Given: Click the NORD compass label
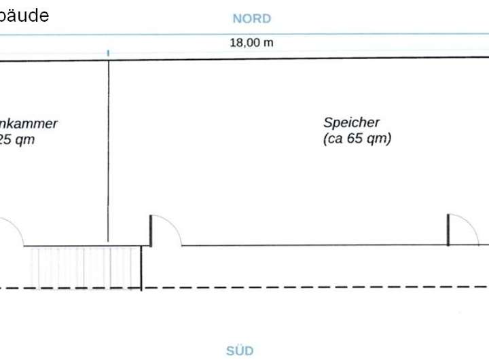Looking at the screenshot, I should pyautogui.click(x=251, y=18).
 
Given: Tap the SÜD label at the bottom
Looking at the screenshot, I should pyautogui.click(x=240, y=350).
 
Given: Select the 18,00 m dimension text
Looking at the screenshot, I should pyautogui.click(x=251, y=42).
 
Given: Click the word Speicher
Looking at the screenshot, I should pyautogui.click(x=351, y=123).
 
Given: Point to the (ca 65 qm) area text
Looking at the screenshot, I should pyautogui.click(x=357, y=139).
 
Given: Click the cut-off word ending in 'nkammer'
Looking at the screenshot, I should pyautogui.click(x=29, y=124).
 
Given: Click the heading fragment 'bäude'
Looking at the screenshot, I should pyautogui.click(x=24, y=15).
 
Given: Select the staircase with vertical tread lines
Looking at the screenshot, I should pyautogui.click(x=83, y=267).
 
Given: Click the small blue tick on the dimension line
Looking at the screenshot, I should pyautogui.click(x=108, y=52).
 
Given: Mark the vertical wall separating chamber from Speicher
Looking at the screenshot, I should pyautogui.click(x=108, y=149).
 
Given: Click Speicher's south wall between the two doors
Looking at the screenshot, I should pyautogui.click(x=312, y=245).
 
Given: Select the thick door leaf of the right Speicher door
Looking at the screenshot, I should pyautogui.click(x=448, y=230).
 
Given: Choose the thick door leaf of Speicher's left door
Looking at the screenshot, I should pyautogui.click(x=151, y=231).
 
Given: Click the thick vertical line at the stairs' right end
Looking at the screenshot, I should pyautogui.click(x=141, y=268).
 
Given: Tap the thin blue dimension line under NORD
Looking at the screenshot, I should pyautogui.click(x=340, y=33).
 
